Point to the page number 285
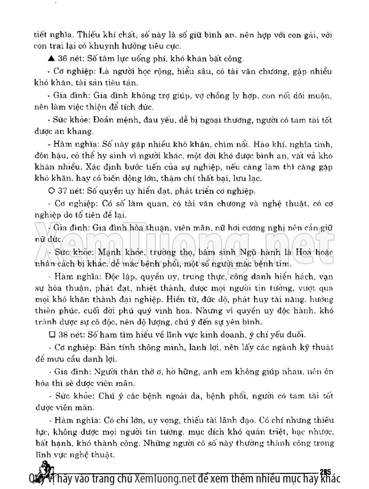tap(325, 472)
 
